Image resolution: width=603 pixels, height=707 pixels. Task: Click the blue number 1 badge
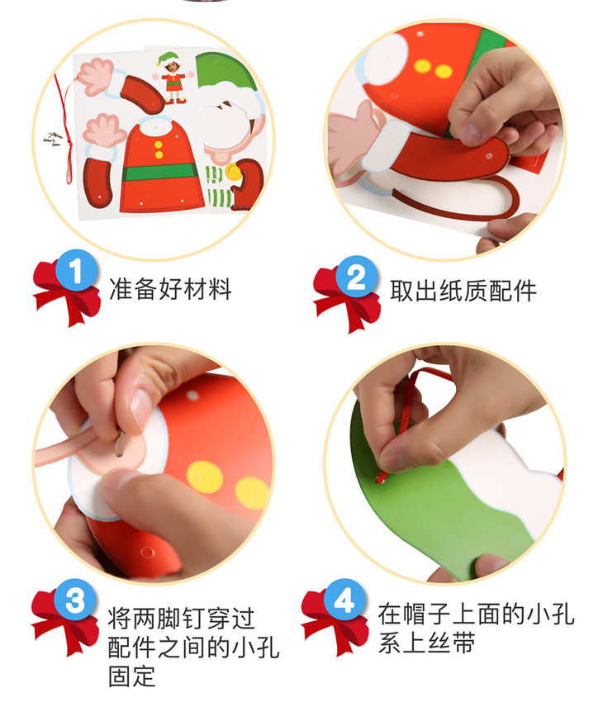click(77, 270)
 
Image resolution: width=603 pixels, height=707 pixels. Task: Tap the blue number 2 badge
click(356, 277)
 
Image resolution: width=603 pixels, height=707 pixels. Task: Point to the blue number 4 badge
click(344, 600)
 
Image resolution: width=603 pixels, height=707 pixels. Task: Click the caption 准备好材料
click(170, 289)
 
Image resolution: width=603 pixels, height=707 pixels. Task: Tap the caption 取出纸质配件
click(463, 291)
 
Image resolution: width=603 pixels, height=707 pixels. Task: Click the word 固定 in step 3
click(131, 676)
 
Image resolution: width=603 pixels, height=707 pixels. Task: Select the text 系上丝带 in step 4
click(427, 642)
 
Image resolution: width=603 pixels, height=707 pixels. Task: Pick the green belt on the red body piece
click(159, 172)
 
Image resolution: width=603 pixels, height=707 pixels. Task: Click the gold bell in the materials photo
click(232, 173)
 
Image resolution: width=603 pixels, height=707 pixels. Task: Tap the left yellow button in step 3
click(205, 477)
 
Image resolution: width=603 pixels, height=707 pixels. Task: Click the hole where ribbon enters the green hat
click(381, 480)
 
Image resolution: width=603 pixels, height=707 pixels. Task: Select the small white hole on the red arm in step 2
click(489, 156)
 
